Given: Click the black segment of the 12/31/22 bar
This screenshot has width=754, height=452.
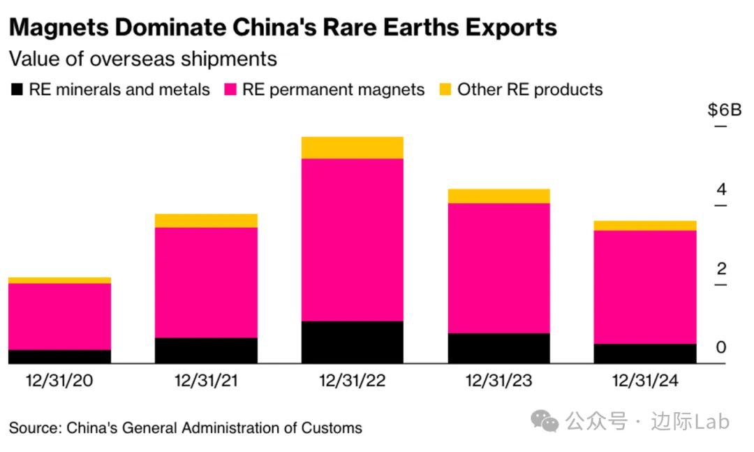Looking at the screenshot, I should point(353,342).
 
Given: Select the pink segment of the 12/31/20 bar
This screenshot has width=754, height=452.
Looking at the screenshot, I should point(59,316).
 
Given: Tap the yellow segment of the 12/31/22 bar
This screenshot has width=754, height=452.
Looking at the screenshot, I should point(353,147).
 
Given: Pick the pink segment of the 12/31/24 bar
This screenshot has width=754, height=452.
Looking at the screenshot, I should point(645,286).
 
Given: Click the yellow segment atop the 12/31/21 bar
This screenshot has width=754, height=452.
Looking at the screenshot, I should point(206,221).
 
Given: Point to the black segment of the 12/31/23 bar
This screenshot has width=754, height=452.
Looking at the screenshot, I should point(498,348).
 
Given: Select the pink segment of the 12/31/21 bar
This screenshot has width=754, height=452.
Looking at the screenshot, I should point(206,282).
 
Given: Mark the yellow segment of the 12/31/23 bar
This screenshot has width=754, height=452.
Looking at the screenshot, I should point(498,196).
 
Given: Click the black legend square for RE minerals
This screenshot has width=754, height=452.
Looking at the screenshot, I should point(16,90).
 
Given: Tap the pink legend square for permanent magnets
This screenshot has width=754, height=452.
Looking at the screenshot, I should point(230,90).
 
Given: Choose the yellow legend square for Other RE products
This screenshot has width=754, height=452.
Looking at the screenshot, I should point(445,90).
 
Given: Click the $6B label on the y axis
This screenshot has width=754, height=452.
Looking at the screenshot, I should point(724,110).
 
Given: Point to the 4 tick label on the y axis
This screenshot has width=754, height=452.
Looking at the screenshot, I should point(721,189).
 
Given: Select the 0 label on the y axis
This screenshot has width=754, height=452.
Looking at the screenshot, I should point(721,347).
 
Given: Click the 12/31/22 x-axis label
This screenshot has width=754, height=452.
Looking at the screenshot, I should point(352,381).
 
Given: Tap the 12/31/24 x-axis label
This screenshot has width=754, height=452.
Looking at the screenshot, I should point(645,381).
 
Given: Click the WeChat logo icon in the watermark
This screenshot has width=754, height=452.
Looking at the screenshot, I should point(545,421).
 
